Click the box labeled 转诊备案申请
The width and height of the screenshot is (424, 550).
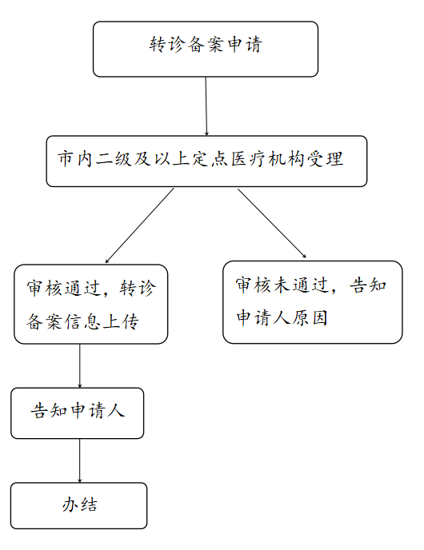pos(206,49)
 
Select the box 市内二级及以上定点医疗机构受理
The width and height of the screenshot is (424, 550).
pos(206,161)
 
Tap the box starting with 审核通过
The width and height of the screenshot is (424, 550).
pos(90,304)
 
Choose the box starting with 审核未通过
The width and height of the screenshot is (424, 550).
pos(312,302)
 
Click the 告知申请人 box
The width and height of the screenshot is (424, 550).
pos(78,412)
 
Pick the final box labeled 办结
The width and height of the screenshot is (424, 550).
pos(78,505)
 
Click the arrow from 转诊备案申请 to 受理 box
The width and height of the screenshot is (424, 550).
pos(206,106)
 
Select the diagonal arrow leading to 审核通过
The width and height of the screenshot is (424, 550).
pos(140,225)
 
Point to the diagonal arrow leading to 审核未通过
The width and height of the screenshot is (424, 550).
pos(272,224)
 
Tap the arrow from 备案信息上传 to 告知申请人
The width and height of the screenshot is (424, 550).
pos(80,366)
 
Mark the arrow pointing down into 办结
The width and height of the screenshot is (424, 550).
pos(80,460)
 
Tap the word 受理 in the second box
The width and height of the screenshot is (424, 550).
pos(325,159)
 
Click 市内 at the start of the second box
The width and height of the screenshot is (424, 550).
pos(75,159)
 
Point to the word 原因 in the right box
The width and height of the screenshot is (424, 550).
pos(310,318)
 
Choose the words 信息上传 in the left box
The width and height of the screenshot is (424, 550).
pos(102,321)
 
